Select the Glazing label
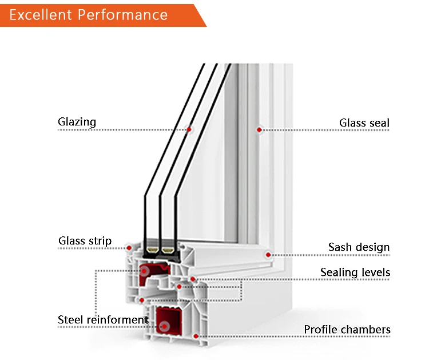(x=77, y=122)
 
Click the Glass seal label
(x=364, y=123)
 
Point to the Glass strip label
(x=85, y=241)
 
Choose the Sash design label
(x=359, y=247)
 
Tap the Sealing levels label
(x=355, y=272)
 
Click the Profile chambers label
(x=347, y=330)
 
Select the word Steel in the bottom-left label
(x=71, y=319)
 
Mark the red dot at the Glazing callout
(x=189, y=129)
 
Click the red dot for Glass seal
(x=259, y=130)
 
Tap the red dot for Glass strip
(x=129, y=248)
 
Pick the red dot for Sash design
(x=268, y=254)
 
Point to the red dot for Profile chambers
(x=196, y=336)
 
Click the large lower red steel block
(x=166, y=321)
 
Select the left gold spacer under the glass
(x=152, y=250)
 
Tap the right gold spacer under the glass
(x=168, y=250)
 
